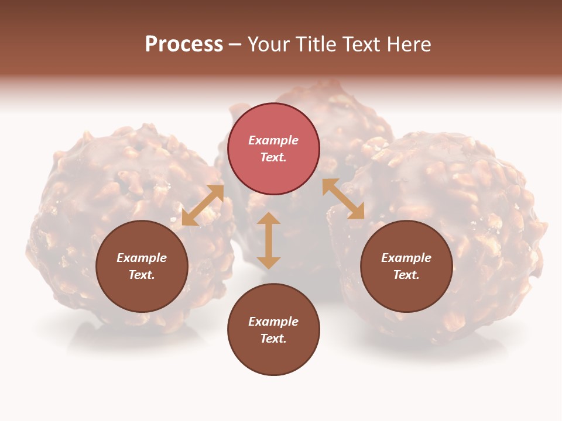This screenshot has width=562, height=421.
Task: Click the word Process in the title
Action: [x=184, y=44]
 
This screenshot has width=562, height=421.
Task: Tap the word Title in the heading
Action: [x=322, y=44]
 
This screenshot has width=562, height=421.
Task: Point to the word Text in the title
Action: [x=366, y=44]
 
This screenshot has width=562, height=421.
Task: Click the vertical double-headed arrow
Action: [x=269, y=240]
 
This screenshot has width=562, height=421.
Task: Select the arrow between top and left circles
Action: [x=203, y=205]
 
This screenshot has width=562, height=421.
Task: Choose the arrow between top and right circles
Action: [x=344, y=199]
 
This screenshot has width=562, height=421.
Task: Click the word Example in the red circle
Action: [x=273, y=140]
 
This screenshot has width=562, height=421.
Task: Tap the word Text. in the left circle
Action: [x=142, y=275]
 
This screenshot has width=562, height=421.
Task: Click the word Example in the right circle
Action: [x=406, y=258]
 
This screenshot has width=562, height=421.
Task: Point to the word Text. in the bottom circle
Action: [x=273, y=339]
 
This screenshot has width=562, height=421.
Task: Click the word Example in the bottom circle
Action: [x=273, y=322]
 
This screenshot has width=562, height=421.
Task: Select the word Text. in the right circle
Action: [x=406, y=275]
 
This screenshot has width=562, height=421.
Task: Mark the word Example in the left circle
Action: [x=142, y=258]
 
